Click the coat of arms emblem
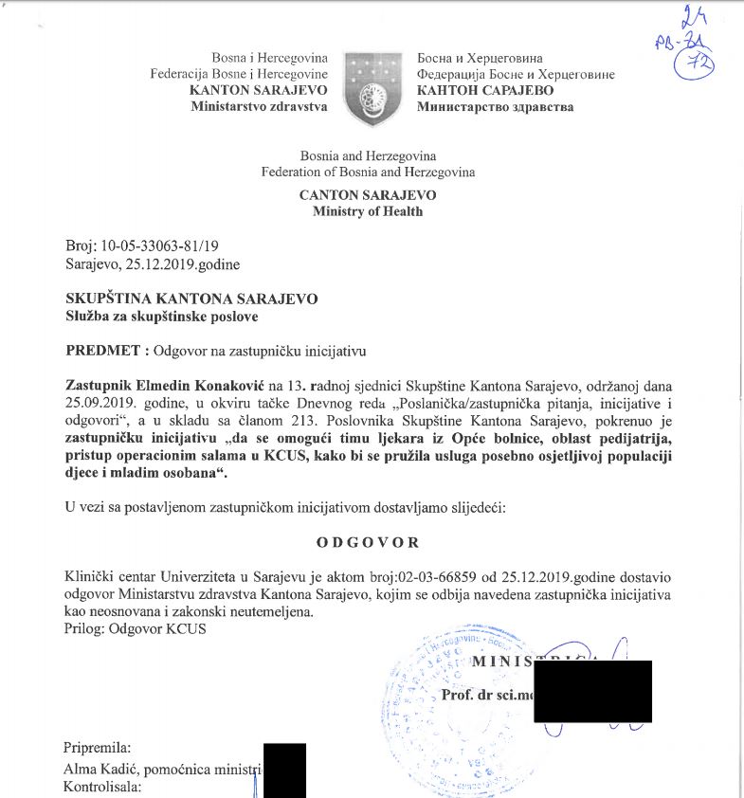point(372,87)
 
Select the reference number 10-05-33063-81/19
point(163,245)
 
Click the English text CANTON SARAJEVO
point(368,194)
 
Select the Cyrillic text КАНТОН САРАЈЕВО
point(481,90)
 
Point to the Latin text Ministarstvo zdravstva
point(259,106)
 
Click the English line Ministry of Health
point(368,211)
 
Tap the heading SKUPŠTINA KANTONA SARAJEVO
point(191,298)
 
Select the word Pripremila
point(97,748)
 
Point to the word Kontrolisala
point(102,787)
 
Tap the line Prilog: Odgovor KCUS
point(135,629)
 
